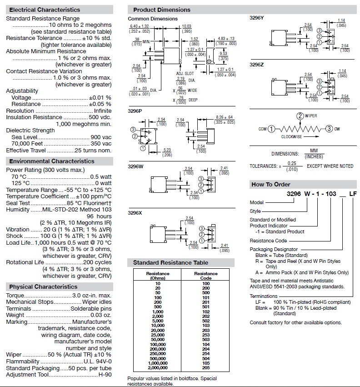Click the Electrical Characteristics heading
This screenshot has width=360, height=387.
[45, 10]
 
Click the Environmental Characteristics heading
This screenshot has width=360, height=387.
[52, 161]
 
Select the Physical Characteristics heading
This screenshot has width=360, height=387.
[43, 286]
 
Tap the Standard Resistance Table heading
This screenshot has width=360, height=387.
[170, 262]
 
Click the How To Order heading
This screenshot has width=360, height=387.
[271, 184]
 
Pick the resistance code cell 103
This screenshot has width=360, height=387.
[206, 325]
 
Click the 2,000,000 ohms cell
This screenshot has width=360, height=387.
[158, 367]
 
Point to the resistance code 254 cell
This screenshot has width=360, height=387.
[206, 353]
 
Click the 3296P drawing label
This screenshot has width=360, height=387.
[135, 111]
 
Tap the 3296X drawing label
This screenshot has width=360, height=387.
[135, 213]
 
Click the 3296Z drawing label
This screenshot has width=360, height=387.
[257, 65]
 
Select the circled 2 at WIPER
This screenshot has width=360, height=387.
[300, 116]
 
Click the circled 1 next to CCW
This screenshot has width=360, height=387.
[271, 129]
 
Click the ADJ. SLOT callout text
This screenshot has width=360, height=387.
[185, 73]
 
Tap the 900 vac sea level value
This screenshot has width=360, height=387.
[101, 137]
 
